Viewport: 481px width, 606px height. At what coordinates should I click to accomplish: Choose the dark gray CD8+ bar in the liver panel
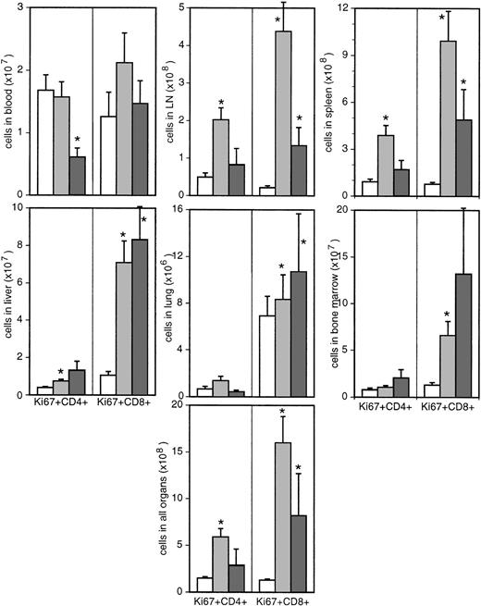point(140,316)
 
